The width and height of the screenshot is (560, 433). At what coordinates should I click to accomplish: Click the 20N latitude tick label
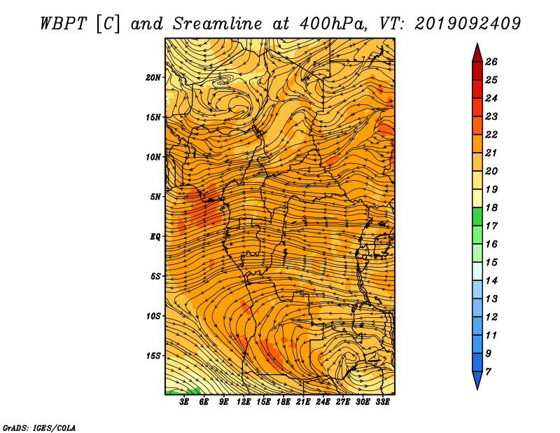(x=153, y=77)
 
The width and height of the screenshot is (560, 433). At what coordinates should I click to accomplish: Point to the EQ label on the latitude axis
(x=155, y=237)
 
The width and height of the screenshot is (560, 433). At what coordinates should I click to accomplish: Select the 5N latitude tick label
(x=155, y=197)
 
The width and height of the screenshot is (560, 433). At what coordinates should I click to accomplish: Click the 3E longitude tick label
(x=184, y=401)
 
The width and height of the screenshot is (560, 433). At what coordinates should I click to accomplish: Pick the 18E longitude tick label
(x=283, y=401)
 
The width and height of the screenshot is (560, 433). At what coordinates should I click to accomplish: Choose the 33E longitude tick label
(x=382, y=401)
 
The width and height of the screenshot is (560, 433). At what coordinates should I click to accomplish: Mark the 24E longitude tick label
(x=323, y=401)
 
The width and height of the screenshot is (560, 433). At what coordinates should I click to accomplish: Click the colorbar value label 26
(x=491, y=62)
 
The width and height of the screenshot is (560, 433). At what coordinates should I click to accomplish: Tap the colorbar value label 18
(x=491, y=207)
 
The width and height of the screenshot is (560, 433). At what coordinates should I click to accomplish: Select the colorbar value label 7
(x=488, y=372)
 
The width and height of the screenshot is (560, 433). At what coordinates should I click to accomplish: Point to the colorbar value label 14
(x=491, y=281)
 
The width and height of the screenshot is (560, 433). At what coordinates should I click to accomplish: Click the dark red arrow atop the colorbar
(x=477, y=54)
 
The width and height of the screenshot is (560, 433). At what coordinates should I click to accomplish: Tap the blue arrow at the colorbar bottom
(x=477, y=379)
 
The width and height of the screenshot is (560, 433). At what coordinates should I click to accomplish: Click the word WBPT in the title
(x=63, y=24)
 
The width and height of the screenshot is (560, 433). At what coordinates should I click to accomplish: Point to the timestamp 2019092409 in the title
(x=468, y=24)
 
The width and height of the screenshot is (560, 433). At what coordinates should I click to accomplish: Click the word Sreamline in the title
(x=218, y=24)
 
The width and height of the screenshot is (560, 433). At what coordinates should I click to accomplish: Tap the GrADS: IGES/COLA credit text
(x=39, y=428)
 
